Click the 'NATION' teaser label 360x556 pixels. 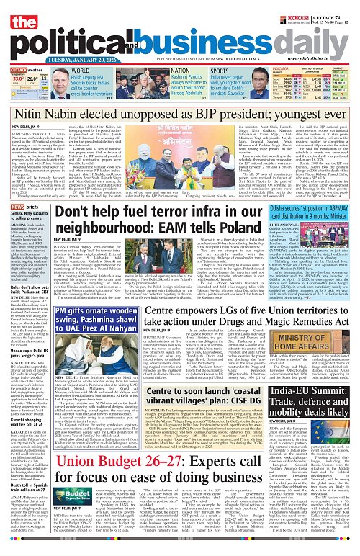point(181,71)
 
